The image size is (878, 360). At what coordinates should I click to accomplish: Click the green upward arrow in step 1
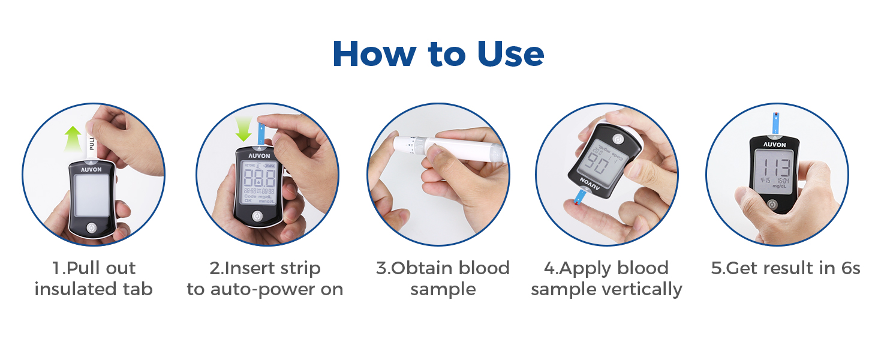[x=73, y=139]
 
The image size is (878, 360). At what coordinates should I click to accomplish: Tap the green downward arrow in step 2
[x=243, y=128]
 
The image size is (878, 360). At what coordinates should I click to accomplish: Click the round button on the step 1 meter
[x=91, y=228]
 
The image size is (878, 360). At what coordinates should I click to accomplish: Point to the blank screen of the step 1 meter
[x=92, y=196]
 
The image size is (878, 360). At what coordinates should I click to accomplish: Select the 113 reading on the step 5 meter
[x=774, y=169]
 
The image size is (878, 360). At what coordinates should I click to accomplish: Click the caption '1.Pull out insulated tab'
[x=93, y=278]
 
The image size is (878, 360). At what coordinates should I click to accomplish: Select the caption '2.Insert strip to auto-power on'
[x=264, y=278]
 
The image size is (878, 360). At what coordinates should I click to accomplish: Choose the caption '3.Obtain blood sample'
[x=443, y=278]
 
